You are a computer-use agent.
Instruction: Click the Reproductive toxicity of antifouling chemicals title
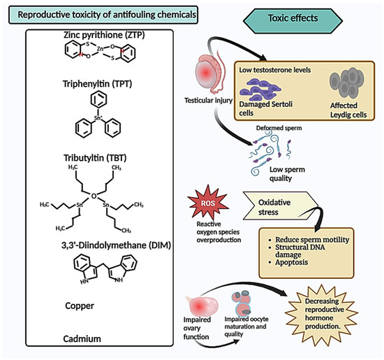click(x=98, y=14)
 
